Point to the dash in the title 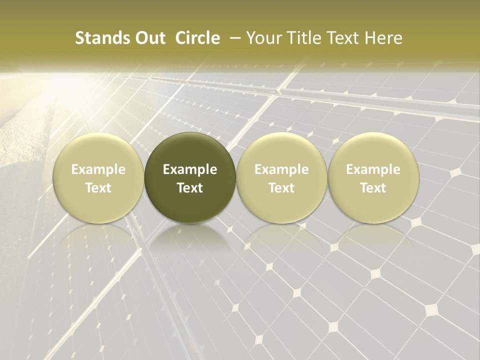[x=232, y=38]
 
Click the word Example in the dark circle [x=190, y=169]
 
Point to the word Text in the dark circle [x=190, y=188]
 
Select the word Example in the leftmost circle [x=98, y=169]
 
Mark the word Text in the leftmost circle [x=98, y=188]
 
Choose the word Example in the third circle [x=281, y=169]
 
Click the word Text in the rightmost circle [x=373, y=188]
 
